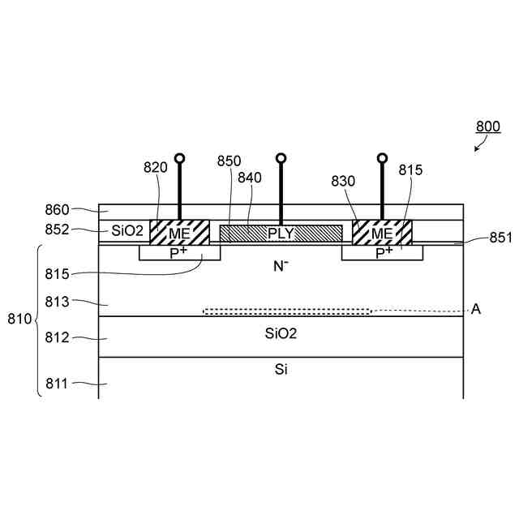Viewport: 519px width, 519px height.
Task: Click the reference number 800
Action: tap(487, 127)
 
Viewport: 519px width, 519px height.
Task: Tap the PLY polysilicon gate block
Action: tap(281, 234)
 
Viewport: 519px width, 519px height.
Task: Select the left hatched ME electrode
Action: tap(179, 233)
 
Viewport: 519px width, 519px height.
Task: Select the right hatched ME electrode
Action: tap(381, 233)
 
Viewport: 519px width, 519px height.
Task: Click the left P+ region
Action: tap(179, 252)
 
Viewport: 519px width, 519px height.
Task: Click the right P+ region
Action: tap(382, 252)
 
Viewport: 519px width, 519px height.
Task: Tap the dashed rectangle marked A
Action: tap(287, 311)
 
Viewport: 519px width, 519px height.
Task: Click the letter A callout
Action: tap(476, 309)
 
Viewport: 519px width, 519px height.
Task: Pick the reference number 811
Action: tap(56, 384)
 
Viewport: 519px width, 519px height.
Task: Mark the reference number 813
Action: tap(56, 302)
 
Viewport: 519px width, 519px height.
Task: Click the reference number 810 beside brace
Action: tap(19, 319)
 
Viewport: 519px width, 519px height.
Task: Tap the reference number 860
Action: tap(57, 210)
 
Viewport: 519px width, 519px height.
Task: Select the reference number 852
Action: tap(57, 230)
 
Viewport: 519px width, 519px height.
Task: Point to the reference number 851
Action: tap(501, 238)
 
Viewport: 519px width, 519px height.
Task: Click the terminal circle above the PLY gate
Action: tap(281, 158)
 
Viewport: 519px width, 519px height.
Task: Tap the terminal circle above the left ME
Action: tap(179, 158)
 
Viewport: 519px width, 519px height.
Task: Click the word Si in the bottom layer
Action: tap(281, 369)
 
